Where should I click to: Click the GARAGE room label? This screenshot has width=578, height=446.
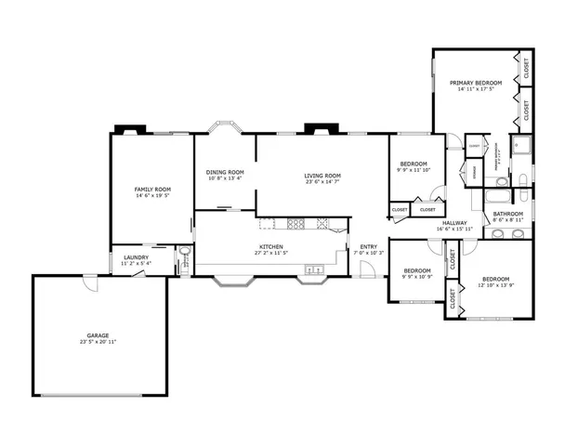(98, 335)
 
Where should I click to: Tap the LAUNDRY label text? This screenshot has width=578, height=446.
(135, 258)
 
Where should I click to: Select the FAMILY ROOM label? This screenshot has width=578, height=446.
(152, 190)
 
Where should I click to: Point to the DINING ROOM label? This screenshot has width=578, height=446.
(225, 172)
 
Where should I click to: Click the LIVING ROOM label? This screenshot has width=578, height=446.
(322, 176)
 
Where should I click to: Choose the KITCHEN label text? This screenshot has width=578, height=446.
(271, 247)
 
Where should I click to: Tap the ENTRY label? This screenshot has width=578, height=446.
(368, 247)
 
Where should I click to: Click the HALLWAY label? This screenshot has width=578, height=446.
(454, 223)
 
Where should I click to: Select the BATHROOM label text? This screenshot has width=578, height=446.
(507, 215)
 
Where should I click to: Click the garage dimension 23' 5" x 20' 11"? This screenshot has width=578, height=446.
(98, 342)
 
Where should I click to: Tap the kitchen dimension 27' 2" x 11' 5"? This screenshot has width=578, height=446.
(271, 254)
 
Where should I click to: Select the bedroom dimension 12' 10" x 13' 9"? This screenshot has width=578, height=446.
(495, 284)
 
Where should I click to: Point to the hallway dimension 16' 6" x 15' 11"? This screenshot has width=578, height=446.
(454, 229)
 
